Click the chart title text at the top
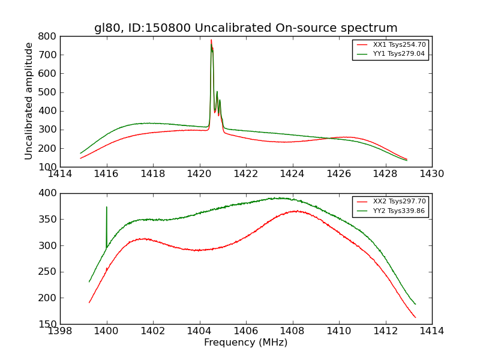click(245, 28)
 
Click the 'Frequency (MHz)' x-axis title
click(245, 343)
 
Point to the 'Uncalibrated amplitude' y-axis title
click(29, 101)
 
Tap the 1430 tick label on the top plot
click(431, 174)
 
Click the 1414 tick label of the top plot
click(60, 174)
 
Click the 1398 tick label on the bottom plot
click(60, 331)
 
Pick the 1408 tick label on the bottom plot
click(292, 331)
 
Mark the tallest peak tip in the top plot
click(211, 40)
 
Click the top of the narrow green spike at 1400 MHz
click(107, 207)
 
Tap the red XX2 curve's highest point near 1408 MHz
click(295, 211)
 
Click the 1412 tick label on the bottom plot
click(385, 331)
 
